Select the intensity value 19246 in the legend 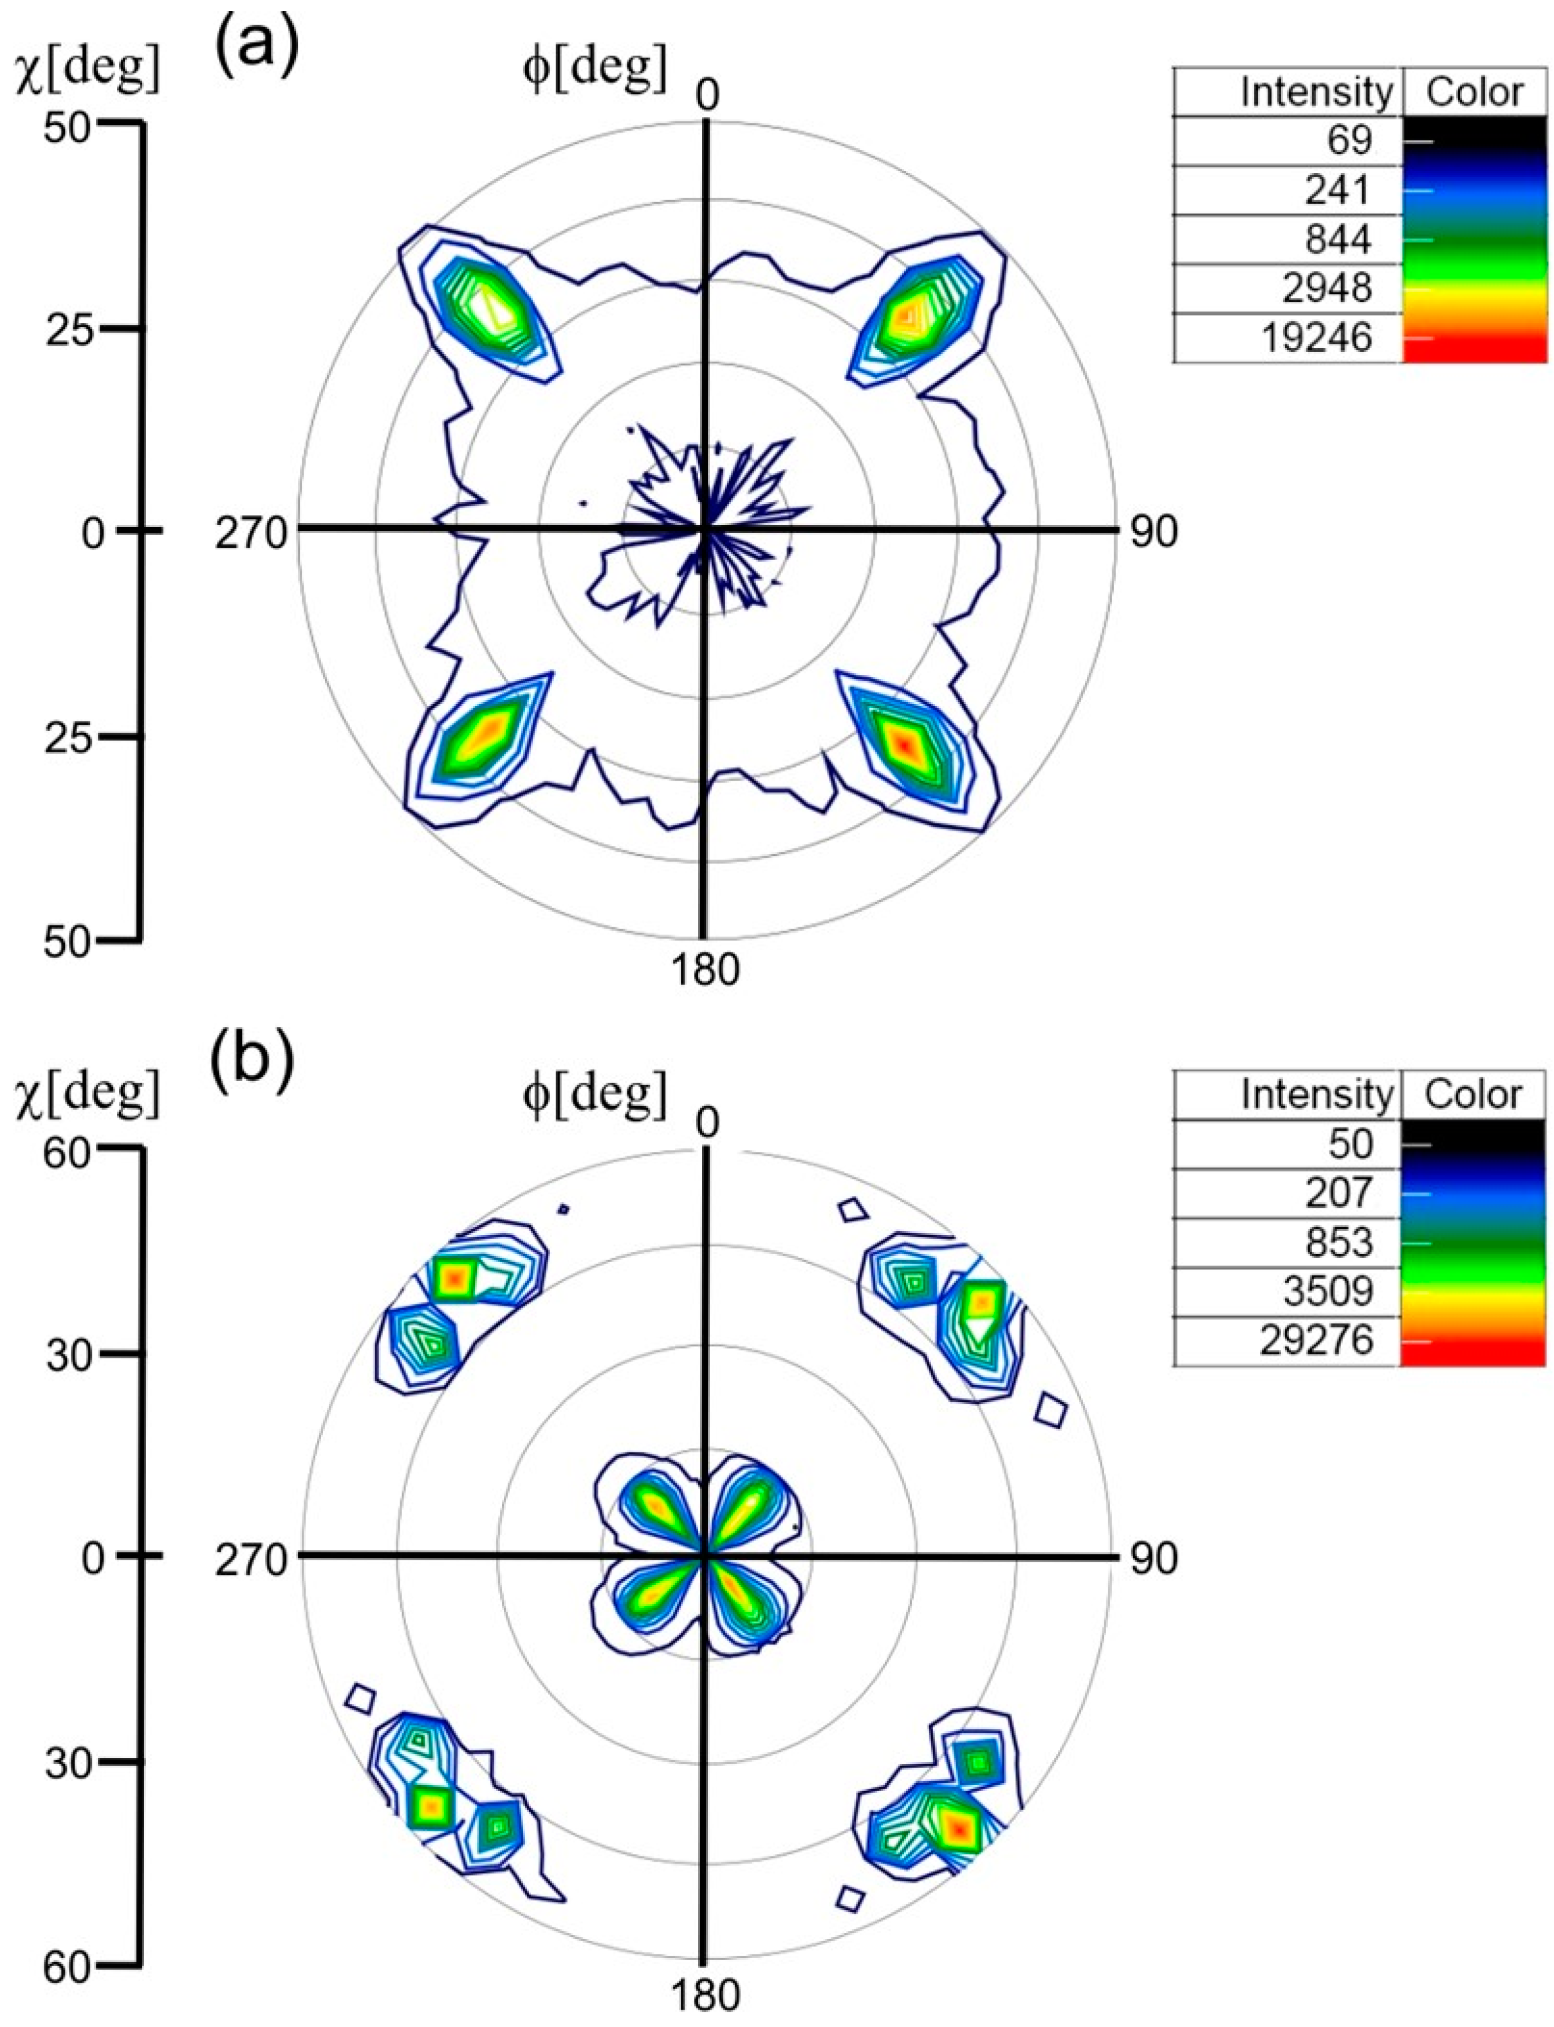[x=1317, y=338]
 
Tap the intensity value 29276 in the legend [x=1317, y=1340]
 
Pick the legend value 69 [x=1349, y=141]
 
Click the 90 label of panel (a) [x=1152, y=532]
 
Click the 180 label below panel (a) [x=705, y=970]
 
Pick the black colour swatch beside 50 [x=1474, y=1144]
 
